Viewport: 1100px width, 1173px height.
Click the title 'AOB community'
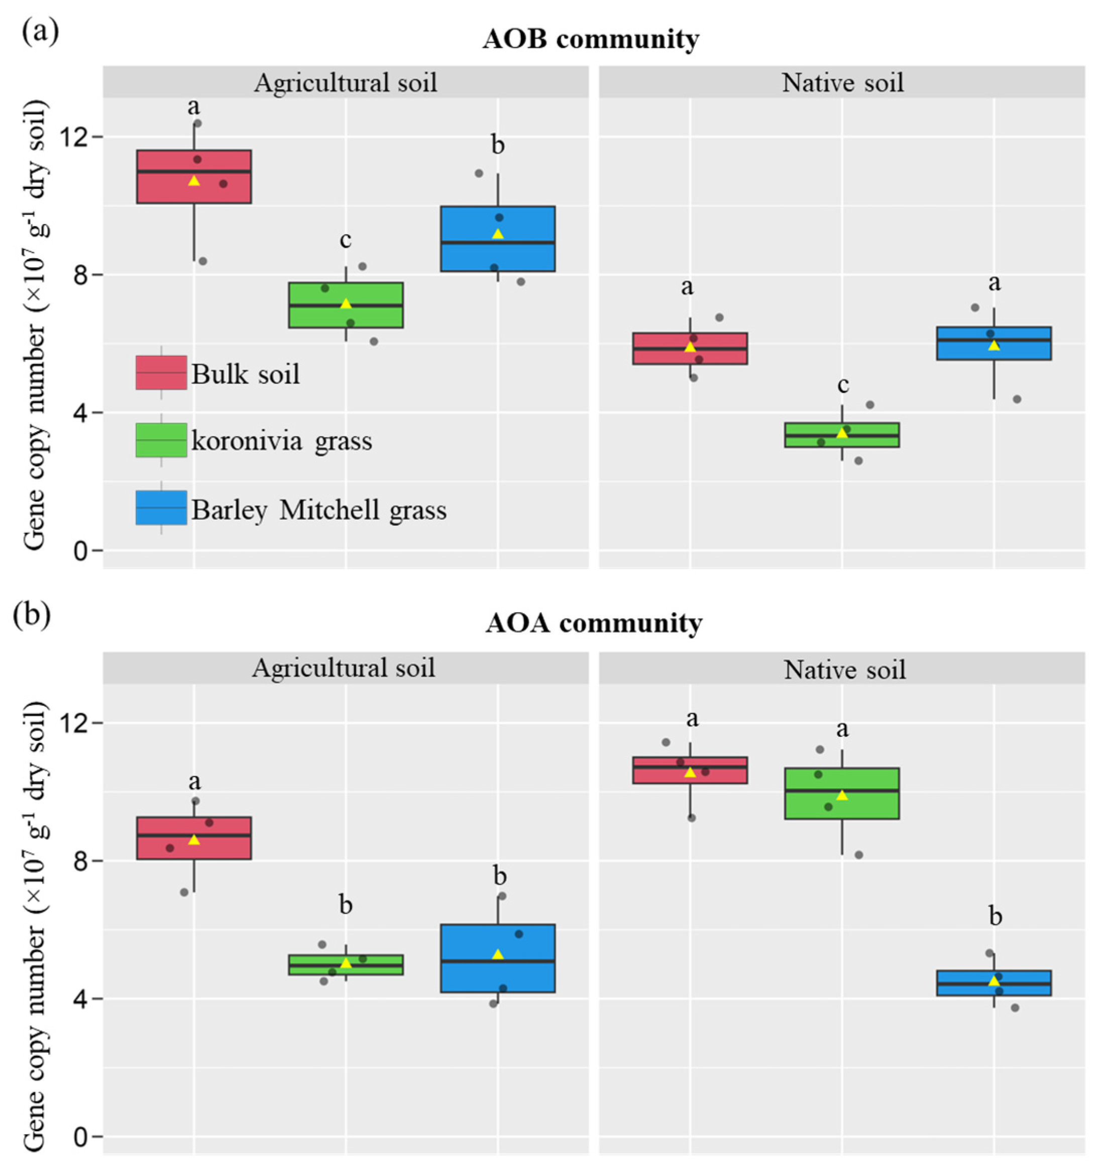click(590, 40)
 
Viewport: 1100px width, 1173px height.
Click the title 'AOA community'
click(594, 623)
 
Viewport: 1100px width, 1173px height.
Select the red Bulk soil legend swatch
click(161, 372)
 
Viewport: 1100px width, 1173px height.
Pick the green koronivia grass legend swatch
click(161, 440)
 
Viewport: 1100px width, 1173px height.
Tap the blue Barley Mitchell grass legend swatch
click(161, 507)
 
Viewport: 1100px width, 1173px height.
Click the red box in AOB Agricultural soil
click(194, 176)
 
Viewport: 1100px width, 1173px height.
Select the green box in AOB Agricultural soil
click(346, 305)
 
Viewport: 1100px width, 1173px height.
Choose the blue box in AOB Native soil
click(994, 344)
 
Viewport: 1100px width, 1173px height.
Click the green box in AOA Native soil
click(842, 794)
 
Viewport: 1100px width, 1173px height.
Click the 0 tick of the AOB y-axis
click(80, 551)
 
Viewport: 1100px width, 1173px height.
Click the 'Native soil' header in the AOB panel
click(842, 82)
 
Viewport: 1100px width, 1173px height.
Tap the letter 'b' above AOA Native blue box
click(995, 917)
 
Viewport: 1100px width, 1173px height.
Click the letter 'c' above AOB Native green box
click(843, 385)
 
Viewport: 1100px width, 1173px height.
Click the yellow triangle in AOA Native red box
click(690, 772)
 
